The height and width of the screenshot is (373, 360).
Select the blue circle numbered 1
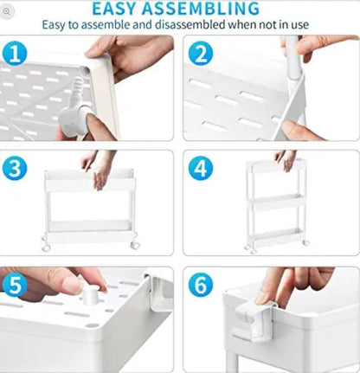tap(15, 55)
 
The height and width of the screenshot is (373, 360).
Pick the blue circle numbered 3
tap(16, 168)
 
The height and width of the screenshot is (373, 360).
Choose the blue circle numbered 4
tap(201, 168)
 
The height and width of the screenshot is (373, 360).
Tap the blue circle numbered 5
tap(16, 284)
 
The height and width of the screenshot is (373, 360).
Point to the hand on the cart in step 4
tap(286, 160)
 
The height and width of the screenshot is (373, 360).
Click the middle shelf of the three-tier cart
tap(275, 208)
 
